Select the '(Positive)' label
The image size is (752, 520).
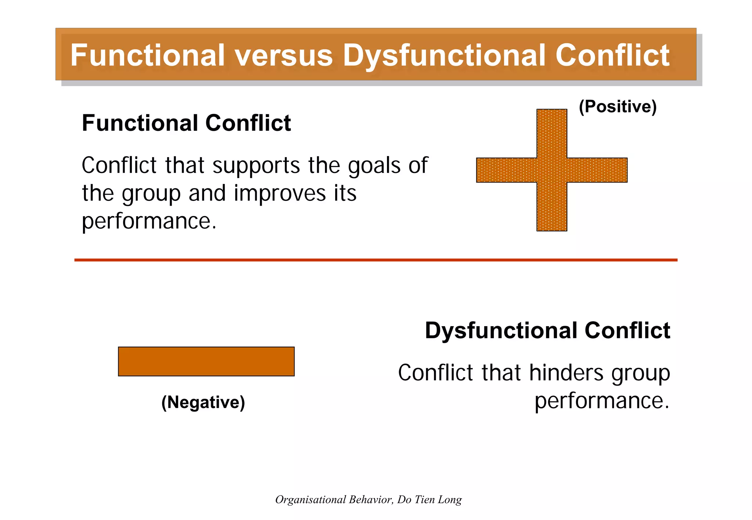(618, 106)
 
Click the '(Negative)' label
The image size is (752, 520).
(203, 402)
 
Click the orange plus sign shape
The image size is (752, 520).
(552, 170)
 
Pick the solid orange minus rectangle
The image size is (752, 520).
(206, 361)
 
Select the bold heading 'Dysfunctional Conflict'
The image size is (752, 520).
(547, 330)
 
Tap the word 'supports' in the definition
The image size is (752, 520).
(256, 166)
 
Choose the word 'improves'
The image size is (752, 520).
(279, 194)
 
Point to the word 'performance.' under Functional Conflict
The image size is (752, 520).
(149, 221)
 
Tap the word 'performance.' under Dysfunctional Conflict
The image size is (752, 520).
(601, 401)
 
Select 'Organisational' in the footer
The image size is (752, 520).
(310, 499)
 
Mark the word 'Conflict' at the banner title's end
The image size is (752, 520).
(612, 55)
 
